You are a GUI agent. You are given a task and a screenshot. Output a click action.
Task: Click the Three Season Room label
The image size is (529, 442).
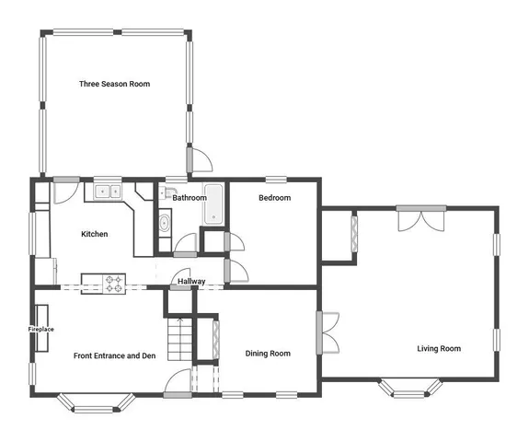click(114, 84)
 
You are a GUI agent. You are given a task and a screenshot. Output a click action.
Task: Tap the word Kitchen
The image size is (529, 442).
click(94, 234)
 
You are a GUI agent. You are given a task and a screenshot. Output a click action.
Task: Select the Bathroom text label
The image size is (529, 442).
click(189, 198)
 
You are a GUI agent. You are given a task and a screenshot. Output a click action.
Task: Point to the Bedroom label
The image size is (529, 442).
click(274, 198)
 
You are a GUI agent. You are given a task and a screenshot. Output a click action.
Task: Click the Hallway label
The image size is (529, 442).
click(191, 282)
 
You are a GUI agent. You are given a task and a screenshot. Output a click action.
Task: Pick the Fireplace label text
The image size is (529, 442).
click(40, 329)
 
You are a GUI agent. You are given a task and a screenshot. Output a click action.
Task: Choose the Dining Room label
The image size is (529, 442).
click(268, 354)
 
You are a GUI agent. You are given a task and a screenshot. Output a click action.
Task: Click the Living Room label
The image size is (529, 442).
click(439, 348)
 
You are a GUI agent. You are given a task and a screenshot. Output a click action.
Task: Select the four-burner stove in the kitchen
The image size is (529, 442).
click(114, 284)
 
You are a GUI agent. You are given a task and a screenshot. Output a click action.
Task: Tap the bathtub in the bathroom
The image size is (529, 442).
click(213, 204)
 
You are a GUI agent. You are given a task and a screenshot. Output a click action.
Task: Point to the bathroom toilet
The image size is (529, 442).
click(164, 222)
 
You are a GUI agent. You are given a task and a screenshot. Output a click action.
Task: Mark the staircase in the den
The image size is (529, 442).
click(181, 339)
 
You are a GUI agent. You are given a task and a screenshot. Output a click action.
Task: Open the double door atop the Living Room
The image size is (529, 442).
click(421, 216)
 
